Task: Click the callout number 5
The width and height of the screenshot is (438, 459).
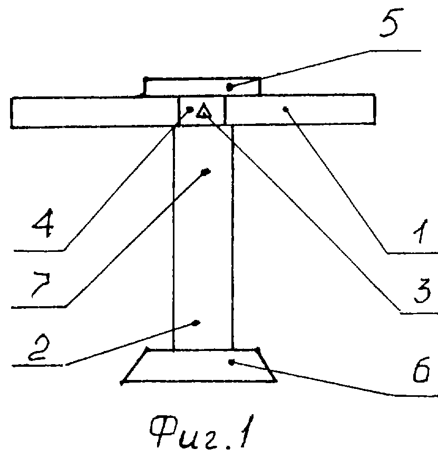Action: click(x=391, y=23)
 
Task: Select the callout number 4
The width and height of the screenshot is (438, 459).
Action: click(x=43, y=223)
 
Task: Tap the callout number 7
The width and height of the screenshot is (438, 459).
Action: click(x=41, y=285)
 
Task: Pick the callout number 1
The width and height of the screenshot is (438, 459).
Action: click(x=421, y=231)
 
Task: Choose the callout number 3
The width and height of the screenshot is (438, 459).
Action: click(x=422, y=291)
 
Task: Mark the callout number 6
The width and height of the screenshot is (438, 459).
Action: click(x=421, y=370)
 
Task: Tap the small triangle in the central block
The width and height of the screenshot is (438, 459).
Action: click(x=203, y=112)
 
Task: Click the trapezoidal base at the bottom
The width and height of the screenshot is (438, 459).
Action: click(x=199, y=366)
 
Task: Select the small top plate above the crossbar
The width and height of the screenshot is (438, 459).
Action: click(x=202, y=86)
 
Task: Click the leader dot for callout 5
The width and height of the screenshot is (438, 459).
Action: click(x=230, y=86)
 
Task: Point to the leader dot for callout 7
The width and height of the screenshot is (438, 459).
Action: click(x=207, y=171)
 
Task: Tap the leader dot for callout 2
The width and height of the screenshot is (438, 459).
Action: click(x=196, y=323)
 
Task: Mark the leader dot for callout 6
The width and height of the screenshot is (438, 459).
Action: click(x=231, y=363)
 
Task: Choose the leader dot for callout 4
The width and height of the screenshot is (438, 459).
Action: click(x=190, y=110)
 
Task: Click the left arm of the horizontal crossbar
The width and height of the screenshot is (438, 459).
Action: click(x=94, y=112)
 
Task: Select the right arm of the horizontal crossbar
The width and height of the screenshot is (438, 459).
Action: click(x=300, y=110)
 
